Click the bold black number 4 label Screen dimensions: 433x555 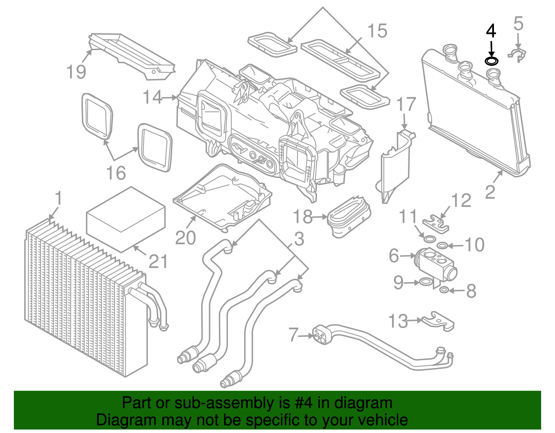(491, 31)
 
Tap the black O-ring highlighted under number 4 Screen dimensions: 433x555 (492, 61)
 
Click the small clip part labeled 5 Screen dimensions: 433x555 (517, 55)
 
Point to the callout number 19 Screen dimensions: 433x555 (76, 72)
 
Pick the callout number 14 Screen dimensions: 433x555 (153, 97)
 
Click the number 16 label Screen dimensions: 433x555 (116, 173)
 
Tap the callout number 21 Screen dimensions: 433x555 (158, 261)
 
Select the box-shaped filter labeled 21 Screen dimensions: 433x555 (125, 219)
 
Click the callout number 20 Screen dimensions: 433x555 (186, 238)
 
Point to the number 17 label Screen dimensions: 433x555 (406, 104)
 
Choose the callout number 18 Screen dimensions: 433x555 (303, 217)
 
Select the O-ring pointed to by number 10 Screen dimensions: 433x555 (442, 245)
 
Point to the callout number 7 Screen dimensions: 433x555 (293, 335)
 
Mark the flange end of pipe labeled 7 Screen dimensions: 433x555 (320, 335)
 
